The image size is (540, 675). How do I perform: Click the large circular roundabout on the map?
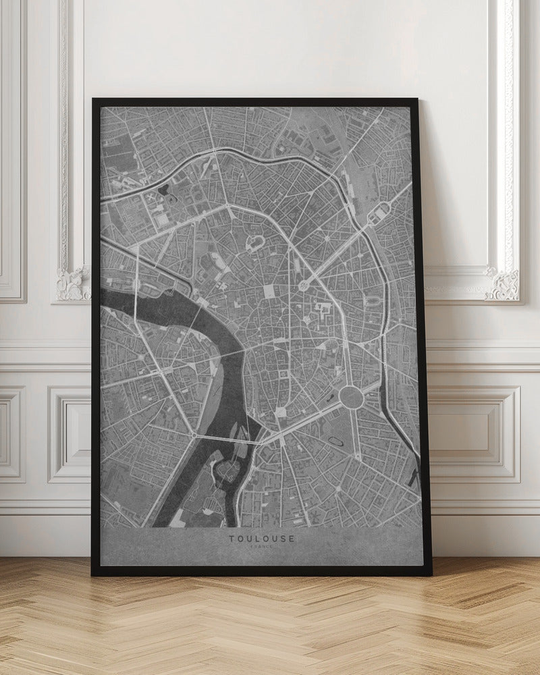tap(351, 396)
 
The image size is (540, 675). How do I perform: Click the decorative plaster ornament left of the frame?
tap(72, 283)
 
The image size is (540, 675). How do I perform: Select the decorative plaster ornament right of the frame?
tap(503, 283)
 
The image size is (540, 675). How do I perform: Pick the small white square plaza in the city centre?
tap(269, 290)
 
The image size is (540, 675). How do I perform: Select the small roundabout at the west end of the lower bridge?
tap(194, 436)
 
